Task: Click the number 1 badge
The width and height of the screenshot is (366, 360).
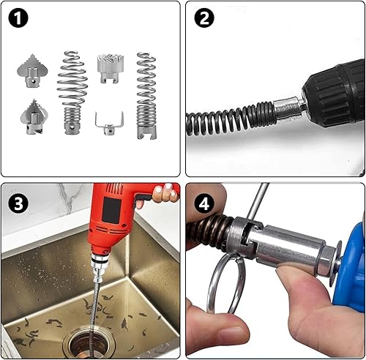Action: coord(18,18)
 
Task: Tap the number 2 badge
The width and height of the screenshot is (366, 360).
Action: coord(204,18)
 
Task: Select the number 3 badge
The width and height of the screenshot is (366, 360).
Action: coord(18,203)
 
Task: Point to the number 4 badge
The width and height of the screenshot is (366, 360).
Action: coord(204,203)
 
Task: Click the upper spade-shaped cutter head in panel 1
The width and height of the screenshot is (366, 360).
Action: coord(32,71)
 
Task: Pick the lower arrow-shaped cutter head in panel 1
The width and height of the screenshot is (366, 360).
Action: coord(34,117)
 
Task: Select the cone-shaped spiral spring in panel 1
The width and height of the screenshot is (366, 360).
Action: coord(72,93)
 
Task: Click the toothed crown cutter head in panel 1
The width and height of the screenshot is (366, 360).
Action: coord(111,69)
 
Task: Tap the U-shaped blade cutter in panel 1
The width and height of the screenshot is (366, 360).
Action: coord(109,124)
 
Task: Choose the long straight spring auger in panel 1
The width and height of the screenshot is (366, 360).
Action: coord(146,96)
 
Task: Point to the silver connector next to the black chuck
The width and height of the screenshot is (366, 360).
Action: coord(288,108)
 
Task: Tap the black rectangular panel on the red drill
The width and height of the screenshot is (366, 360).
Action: coord(111,210)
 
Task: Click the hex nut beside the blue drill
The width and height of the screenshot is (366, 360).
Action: coord(326,260)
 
